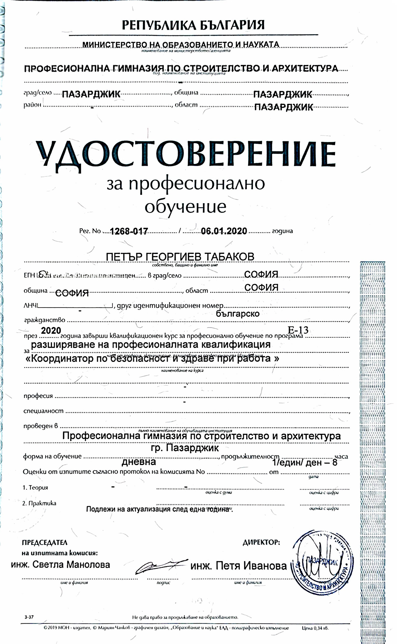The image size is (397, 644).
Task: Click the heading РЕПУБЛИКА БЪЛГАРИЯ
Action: (x=193, y=25)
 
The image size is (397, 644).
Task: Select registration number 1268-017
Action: (x=129, y=231)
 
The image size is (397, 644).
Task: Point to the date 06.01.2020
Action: (x=224, y=231)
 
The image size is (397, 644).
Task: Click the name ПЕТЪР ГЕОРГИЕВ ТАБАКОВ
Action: (x=180, y=257)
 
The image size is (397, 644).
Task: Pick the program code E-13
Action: (x=298, y=330)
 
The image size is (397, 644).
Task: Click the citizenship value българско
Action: (x=238, y=313)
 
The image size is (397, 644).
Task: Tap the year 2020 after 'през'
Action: (x=51, y=331)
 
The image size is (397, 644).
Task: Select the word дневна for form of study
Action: (x=139, y=462)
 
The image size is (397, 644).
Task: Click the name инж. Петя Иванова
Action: (x=239, y=565)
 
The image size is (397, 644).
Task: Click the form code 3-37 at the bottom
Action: (x=29, y=617)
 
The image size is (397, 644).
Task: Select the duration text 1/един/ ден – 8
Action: (x=305, y=463)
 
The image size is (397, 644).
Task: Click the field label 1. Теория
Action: (x=35, y=488)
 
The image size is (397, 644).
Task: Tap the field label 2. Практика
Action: (x=39, y=503)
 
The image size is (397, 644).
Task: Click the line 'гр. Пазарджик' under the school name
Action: (x=185, y=448)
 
